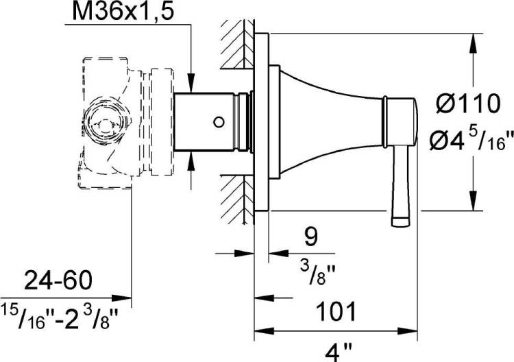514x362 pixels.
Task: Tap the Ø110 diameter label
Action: (x=468, y=104)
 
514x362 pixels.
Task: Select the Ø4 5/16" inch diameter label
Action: (x=471, y=141)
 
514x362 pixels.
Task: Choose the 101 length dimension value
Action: (x=336, y=311)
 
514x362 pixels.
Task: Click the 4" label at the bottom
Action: (x=339, y=352)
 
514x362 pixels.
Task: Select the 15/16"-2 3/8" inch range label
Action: (x=59, y=316)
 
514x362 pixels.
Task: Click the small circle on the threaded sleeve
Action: (x=219, y=122)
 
